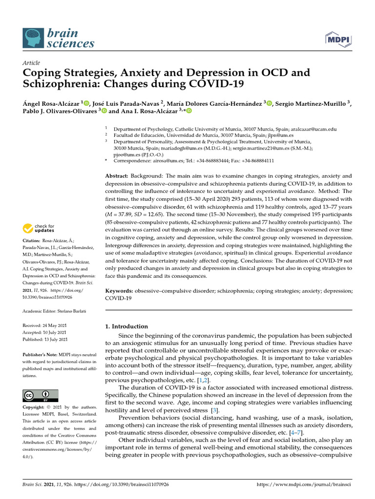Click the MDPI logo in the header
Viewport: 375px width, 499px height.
pos(340,39)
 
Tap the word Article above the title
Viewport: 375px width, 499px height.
pos(31,63)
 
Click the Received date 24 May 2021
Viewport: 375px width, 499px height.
pos(55,325)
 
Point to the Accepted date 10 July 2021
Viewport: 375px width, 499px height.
pos(55,332)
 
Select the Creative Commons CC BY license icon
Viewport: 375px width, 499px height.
pos(41,395)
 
